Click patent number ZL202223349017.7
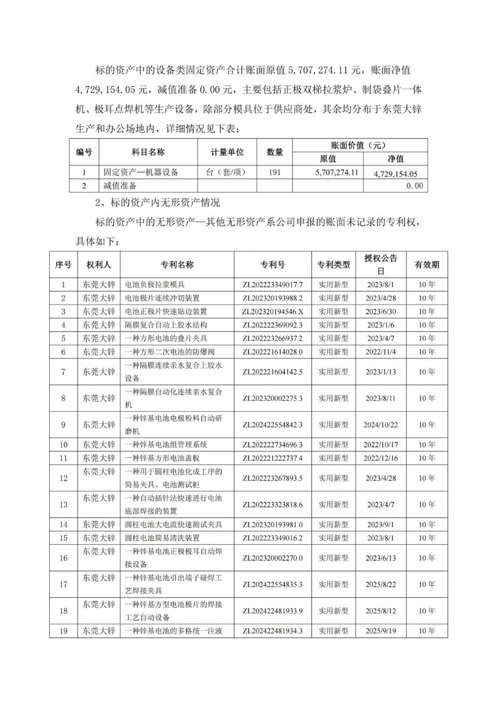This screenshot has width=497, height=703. (x=272, y=285)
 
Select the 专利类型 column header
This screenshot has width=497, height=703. (x=333, y=265)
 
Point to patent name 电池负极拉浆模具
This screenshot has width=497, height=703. (x=155, y=285)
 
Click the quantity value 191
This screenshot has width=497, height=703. (x=274, y=173)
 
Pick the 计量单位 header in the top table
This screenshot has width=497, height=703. (x=227, y=152)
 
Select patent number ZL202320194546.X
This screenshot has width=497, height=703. (x=272, y=312)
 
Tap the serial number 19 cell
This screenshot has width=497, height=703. (x=63, y=631)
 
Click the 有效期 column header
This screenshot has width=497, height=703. (x=426, y=265)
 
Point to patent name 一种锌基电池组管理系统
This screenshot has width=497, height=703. (x=166, y=445)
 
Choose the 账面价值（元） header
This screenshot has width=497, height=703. (x=359, y=146)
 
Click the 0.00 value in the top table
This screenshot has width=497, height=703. (x=414, y=186)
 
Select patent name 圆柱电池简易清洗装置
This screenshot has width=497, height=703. (x=163, y=538)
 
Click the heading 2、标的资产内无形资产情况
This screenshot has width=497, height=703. (x=158, y=203)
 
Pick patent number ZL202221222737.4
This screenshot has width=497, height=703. (x=272, y=458)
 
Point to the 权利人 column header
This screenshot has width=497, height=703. (x=98, y=265)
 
